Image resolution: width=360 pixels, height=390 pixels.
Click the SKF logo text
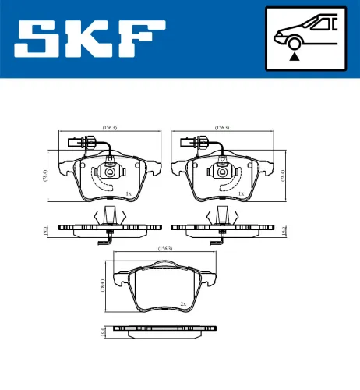tap(90, 40)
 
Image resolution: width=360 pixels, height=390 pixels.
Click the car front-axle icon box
tap(305, 39)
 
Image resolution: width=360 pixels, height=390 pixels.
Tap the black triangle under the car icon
tap(294, 56)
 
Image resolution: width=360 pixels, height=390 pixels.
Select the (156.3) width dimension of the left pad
tap(109, 128)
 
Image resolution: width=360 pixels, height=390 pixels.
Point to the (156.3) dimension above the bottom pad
tap(164, 249)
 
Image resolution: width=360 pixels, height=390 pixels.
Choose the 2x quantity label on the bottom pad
tap(182, 303)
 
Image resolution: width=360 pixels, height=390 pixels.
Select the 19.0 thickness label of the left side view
tap(46, 229)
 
